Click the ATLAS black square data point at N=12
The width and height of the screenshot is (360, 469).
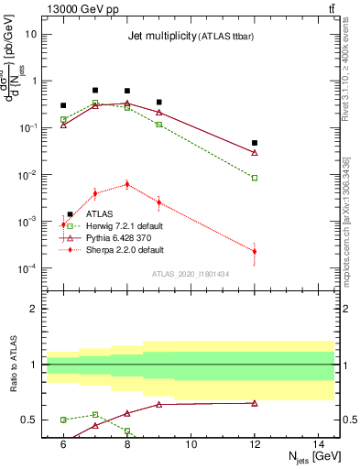[x=255, y=143]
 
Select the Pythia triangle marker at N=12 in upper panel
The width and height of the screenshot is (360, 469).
[x=255, y=152]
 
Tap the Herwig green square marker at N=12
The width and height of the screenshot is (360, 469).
[x=255, y=178]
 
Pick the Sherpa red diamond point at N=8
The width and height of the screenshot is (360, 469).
[x=127, y=184]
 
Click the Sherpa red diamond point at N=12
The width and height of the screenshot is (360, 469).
[x=255, y=251]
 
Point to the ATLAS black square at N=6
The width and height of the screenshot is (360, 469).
[x=63, y=105]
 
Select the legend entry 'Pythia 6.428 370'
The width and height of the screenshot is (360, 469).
[x=114, y=237]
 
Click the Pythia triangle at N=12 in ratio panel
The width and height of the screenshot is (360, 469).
[x=255, y=403]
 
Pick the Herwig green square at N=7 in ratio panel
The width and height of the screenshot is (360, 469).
[x=95, y=415]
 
